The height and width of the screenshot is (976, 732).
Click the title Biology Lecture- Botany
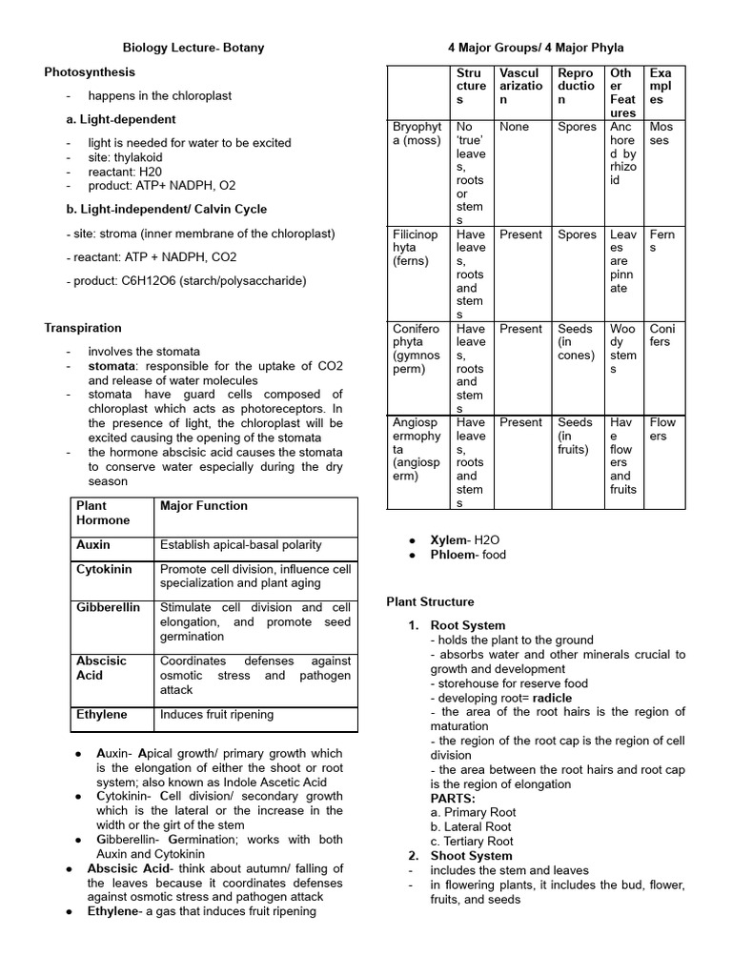[x=193, y=47]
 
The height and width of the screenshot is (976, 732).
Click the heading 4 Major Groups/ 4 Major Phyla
[x=536, y=47]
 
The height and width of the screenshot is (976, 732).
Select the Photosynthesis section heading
[x=90, y=71]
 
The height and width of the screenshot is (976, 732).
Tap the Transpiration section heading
[x=83, y=328]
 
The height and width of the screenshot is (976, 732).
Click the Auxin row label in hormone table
[x=93, y=545]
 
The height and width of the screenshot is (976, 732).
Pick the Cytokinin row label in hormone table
[x=104, y=569]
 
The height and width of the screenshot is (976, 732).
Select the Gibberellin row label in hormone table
[x=108, y=607]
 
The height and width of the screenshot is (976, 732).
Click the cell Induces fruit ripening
[x=216, y=714]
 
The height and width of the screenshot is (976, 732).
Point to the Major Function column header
[x=204, y=506]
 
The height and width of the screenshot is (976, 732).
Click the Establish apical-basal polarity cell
[x=241, y=545]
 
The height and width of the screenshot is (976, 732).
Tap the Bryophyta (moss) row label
[x=417, y=133]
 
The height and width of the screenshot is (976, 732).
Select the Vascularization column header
[x=520, y=86]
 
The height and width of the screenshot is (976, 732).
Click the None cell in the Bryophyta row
[x=514, y=127]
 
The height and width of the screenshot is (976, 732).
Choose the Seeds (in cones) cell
[x=575, y=342]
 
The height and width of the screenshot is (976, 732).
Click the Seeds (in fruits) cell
[x=575, y=436]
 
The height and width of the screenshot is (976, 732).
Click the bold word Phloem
[x=454, y=555]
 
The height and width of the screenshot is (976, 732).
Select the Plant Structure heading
[x=430, y=601]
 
